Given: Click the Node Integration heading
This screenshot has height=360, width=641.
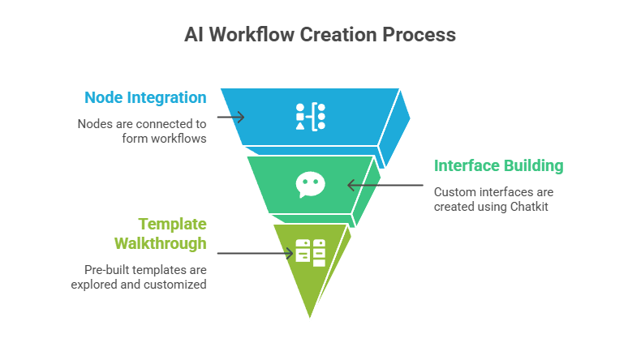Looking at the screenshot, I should point(145,98).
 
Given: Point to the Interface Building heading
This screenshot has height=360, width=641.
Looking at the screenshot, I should point(498,166).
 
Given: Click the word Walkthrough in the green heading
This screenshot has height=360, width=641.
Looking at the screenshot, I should point(160,243).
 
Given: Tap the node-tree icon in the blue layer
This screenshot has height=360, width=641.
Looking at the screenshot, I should point(310,117).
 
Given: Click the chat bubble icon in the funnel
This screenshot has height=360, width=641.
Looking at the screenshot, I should point(310,185).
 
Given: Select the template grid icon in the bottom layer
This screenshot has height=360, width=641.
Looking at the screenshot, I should point(310,252).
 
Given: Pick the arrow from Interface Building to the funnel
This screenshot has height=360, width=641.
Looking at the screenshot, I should point(385,185).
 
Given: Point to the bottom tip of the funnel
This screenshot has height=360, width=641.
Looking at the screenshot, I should point(310,319).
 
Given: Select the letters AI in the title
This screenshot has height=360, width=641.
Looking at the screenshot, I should point(194,35).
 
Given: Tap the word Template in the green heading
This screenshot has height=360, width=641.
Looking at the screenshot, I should point(172,224).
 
